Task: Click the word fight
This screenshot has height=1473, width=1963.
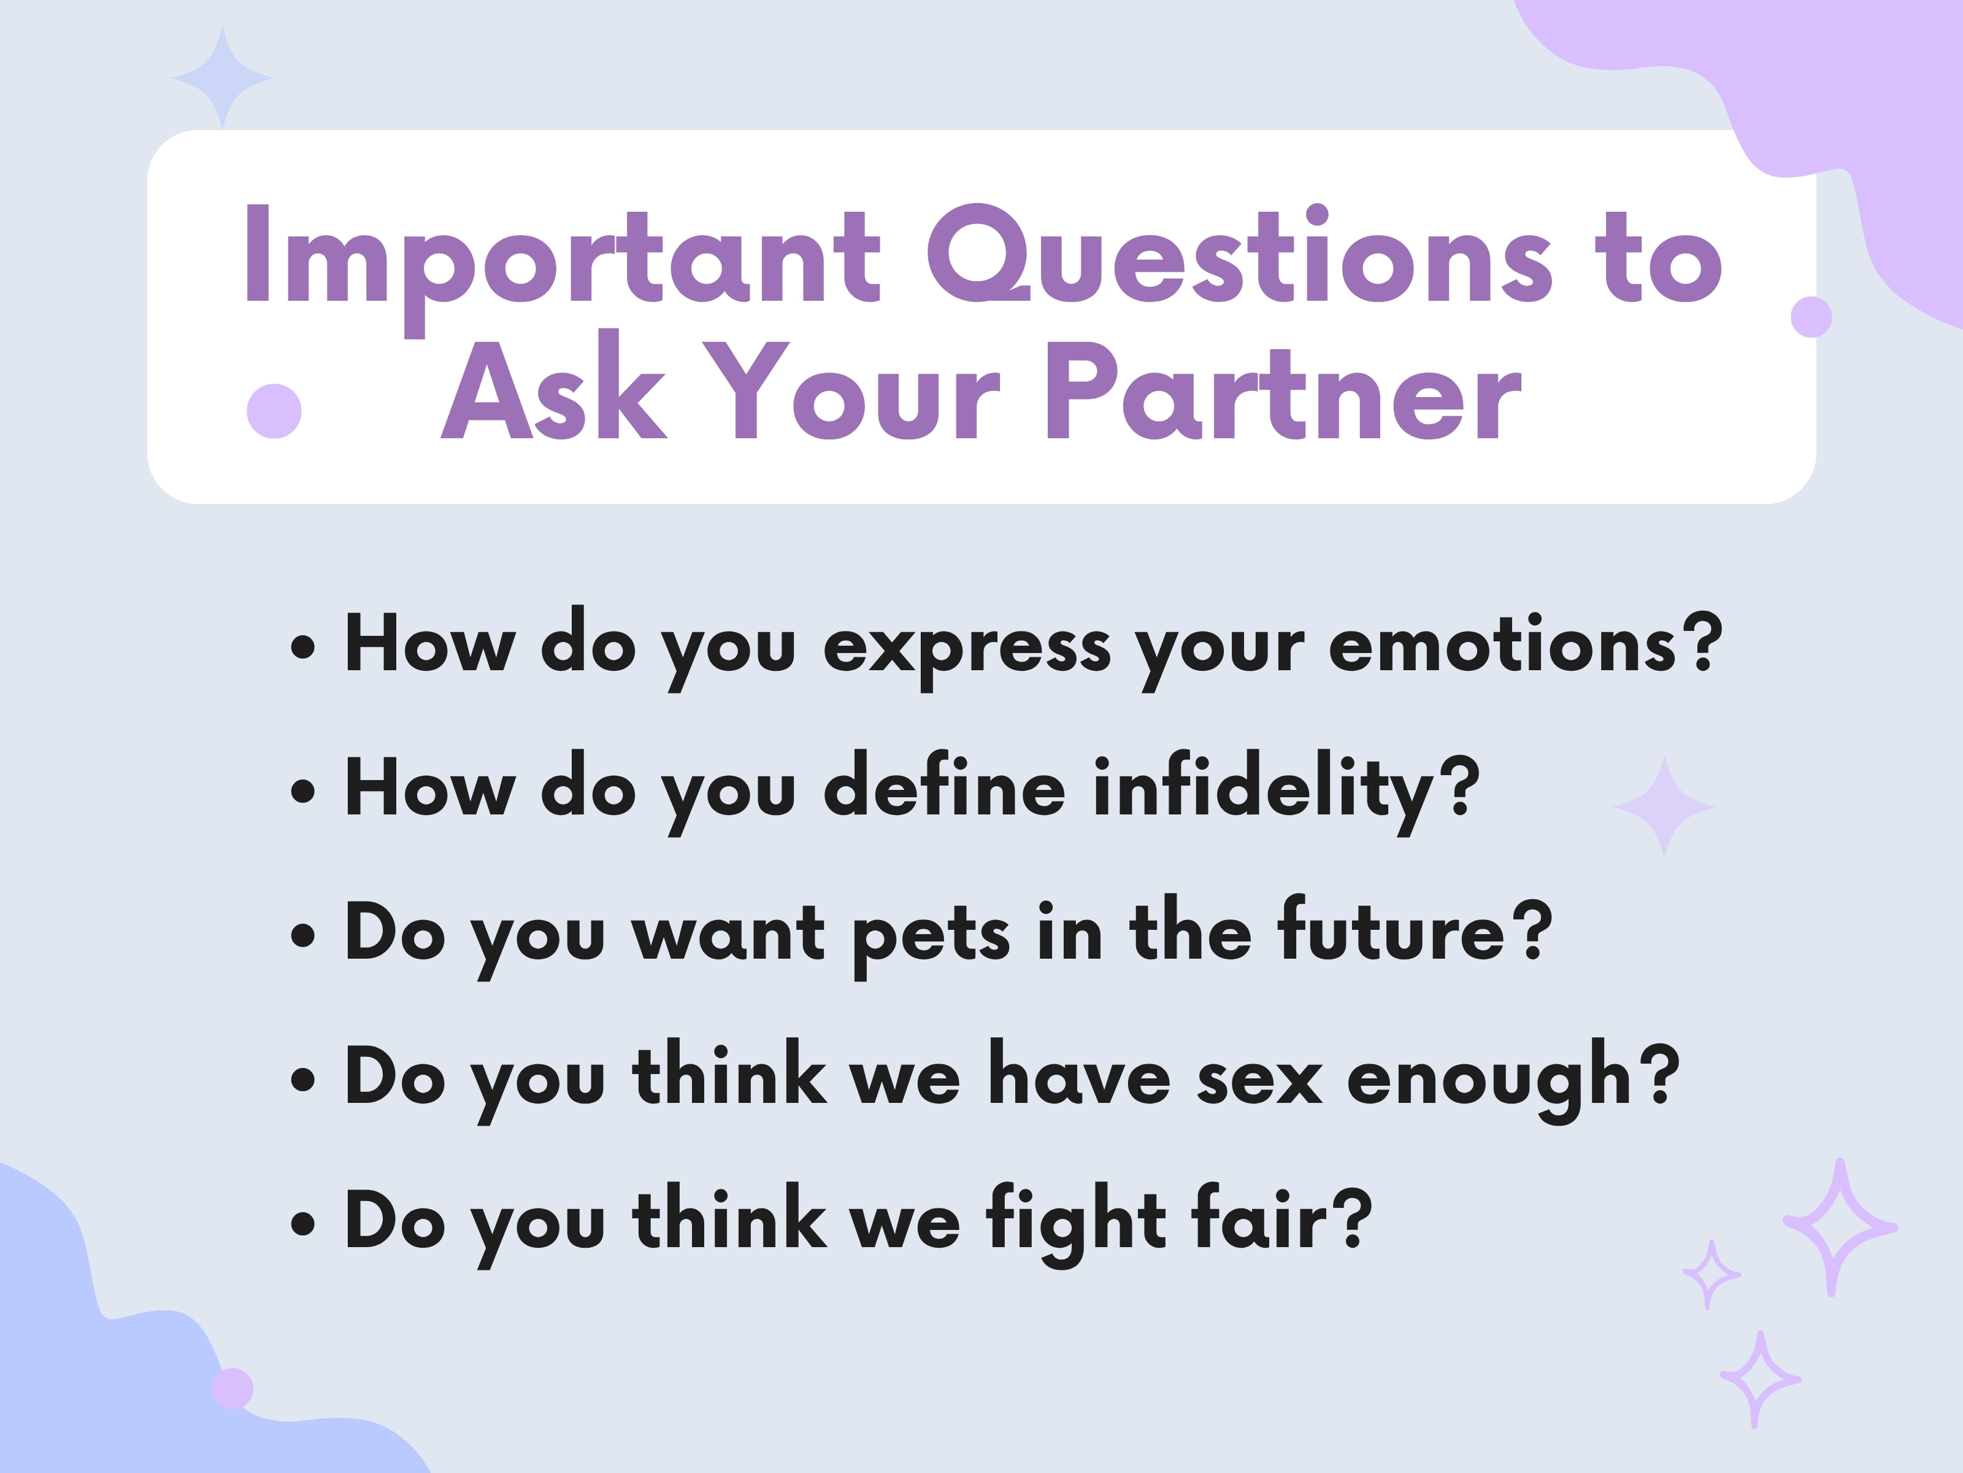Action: point(1077,1223)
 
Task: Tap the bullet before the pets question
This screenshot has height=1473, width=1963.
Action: point(302,936)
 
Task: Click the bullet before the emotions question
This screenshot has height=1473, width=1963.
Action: point(302,648)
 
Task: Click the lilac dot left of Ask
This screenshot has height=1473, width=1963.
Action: point(274,411)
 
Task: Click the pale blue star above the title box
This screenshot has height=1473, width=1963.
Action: point(222,78)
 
